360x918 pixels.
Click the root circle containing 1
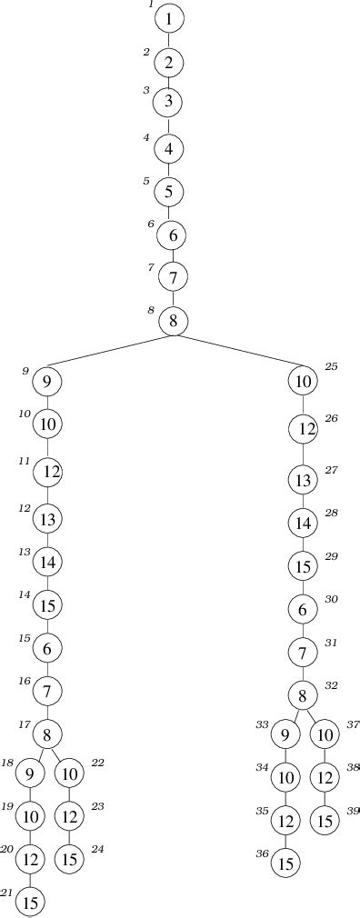pos(169,18)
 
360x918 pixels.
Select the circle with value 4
pos(169,147)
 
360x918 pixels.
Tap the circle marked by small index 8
pos(173,321)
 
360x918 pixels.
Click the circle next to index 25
pos(303,380)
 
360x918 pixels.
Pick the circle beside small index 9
pos(46,383)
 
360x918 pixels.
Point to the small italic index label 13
pos(25,552)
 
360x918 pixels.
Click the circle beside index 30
pos(303,610)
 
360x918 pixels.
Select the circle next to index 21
pos(31,903)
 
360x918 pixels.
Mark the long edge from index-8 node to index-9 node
pos(109,353)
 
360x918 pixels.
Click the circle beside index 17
pos(47,733)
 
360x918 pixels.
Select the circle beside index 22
pos(68,773)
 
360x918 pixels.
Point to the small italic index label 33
pos(262,724)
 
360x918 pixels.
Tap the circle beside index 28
pos(303,523)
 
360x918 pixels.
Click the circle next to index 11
pos(47,472)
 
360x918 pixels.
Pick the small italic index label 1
pos(151,5)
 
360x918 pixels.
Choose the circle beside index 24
pos(68,857)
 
